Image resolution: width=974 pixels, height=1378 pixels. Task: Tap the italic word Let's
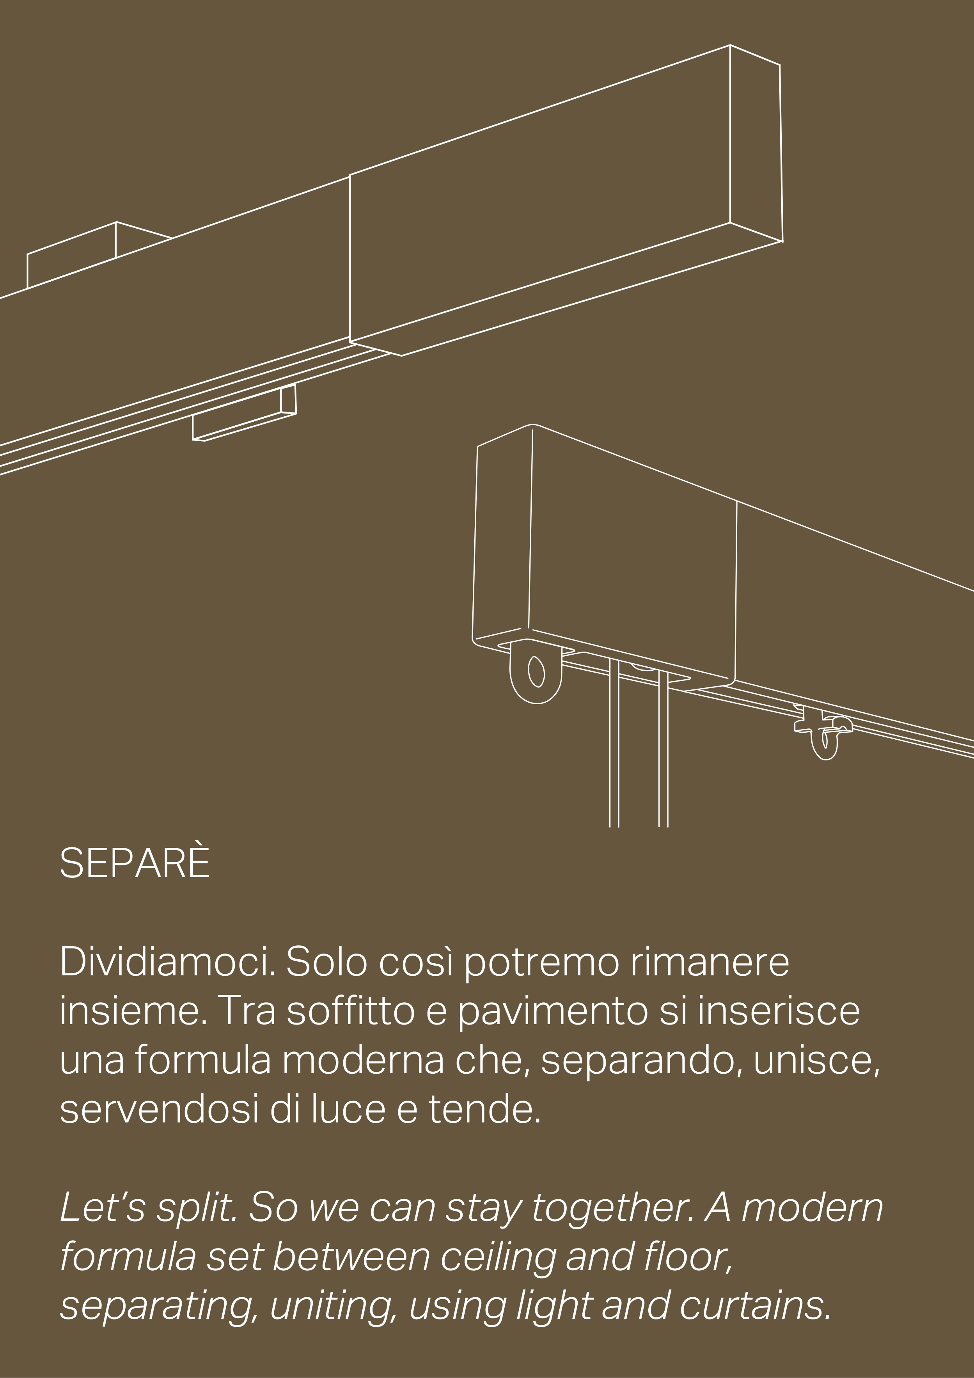[x=103, y=1207]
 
